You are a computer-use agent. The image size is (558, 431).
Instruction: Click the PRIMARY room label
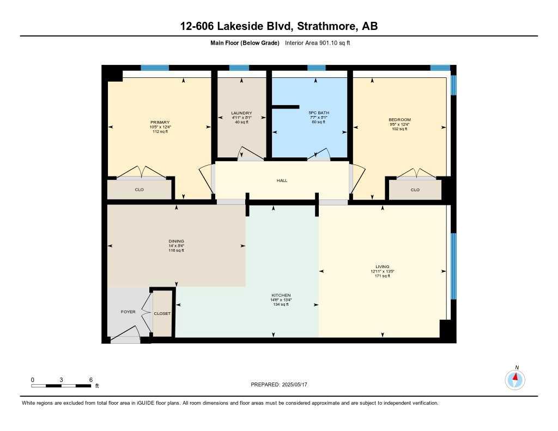(160, 122)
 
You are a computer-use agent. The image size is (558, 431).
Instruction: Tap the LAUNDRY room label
(241, 113)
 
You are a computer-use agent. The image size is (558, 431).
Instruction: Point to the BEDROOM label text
(399, 120)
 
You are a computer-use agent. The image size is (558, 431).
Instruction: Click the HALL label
(282, 180)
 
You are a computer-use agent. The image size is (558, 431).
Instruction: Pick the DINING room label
(176, 241)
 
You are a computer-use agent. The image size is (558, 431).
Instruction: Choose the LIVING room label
(382, 266)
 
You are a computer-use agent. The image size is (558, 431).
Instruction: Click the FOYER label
(128, 312)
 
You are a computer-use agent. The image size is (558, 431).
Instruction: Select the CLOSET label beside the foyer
(162, 313)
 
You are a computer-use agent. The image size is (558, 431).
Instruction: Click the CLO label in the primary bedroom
(139, 190)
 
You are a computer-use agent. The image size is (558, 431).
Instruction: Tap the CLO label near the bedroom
(415, 190)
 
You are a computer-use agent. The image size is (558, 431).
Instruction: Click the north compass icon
(515, 378)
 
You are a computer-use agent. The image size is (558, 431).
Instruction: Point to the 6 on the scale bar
(90, 379)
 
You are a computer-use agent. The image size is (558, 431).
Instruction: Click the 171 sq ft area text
(382, 276)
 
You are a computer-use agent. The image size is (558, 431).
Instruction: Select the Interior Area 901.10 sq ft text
(317, 43)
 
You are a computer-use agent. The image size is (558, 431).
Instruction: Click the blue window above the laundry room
(239, 68)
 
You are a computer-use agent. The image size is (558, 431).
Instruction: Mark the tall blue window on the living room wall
(453, 266)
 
